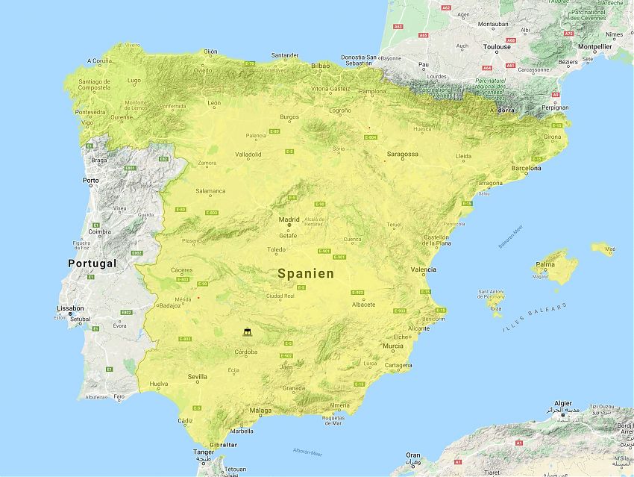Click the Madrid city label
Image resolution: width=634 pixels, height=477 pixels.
[x=289, y=220]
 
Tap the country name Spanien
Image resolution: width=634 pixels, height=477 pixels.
[x=306, y=274]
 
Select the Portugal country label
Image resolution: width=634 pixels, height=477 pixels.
[x=92, y=264]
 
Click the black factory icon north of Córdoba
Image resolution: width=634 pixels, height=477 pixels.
[x=246, y=331]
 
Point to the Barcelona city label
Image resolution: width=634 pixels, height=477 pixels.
[x=526, y=169]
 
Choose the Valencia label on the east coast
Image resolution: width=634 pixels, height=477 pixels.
[x=423, y=269]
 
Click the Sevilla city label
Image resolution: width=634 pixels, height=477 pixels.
[x=198, y=377]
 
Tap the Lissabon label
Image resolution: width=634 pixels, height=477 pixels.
[x=69, y=308]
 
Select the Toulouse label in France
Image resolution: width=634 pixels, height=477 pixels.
[x=497, y=46]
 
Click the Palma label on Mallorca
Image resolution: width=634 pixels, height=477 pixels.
[x=545, y=264]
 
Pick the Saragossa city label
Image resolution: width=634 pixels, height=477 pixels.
[x=402, y=155]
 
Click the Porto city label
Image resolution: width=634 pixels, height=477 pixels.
[x=91, y=181]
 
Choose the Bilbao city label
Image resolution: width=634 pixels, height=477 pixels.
[x=320, y=66]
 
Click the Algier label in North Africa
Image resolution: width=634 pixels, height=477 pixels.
[x=559, y=402]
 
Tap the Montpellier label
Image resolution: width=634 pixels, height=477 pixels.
[x=594, y=46]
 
